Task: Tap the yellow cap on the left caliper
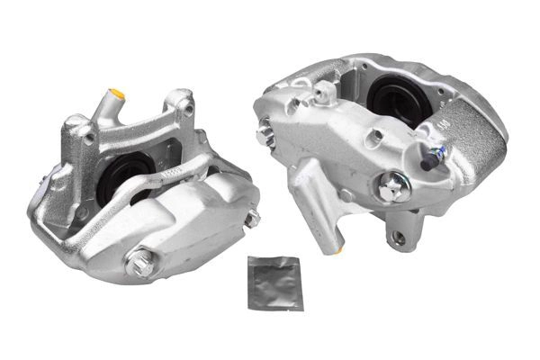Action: [x=116, y=93]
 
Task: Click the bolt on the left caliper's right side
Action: [x=252, y=218]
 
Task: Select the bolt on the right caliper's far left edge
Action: [x=265, y=136]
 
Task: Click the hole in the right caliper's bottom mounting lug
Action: [x=398, y=238]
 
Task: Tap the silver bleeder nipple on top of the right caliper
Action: [x=322, y=90]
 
